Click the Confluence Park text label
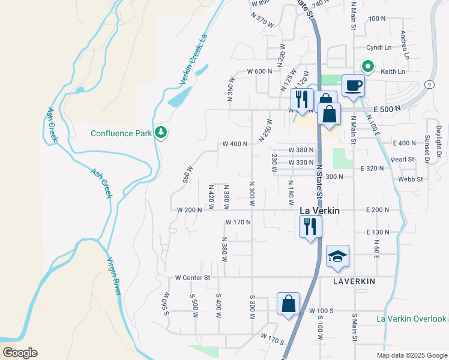pos(121,133)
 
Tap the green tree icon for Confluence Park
pos(160,133)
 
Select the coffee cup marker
pos(353,85)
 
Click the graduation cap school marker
pos(337,256)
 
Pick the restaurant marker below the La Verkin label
pos(310,227)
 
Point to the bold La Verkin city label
pos(319,211)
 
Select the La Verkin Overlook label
pos(412,319)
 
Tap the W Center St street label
pos(193,278)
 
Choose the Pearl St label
pos(403,160)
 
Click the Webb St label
pos(411,179)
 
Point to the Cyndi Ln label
pos(379,47)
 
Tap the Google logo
pos(20,353)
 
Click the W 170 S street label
pos(272,340)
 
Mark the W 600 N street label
pos(260,71)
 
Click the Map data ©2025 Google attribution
pos(411,355)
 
